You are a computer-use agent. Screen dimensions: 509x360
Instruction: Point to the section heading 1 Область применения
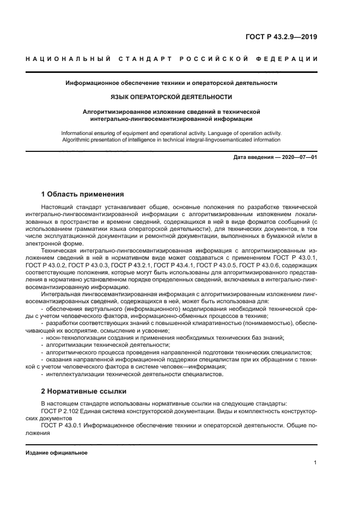click(82, 194)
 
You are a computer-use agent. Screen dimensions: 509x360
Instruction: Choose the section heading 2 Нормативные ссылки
click(83, 391)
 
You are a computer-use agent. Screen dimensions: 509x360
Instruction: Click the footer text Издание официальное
click(57, 452)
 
